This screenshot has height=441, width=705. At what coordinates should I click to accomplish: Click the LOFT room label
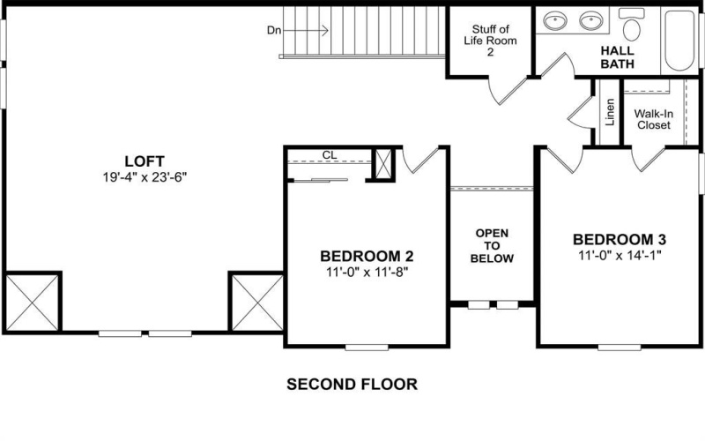pos(145,161)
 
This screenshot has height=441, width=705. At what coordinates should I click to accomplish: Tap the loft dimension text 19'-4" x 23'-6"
pos(145,176)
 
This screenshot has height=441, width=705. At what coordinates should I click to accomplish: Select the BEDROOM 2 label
pos(367,257)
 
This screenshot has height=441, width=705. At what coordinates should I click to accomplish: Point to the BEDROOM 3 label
pos(620,239)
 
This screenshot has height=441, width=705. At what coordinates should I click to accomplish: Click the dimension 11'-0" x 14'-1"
pos(620,254)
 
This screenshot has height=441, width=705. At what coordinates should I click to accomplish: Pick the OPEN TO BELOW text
pos(493,246)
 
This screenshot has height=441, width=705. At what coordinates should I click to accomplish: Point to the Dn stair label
pos(274,30)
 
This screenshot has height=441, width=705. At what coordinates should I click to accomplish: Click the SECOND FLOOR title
pos(352,385)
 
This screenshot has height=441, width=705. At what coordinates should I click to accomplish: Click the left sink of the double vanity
pos(556,20)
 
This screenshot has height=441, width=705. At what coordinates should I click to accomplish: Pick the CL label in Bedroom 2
pos(330,154)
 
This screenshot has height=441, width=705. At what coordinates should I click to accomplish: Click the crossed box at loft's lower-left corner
pos(32,301)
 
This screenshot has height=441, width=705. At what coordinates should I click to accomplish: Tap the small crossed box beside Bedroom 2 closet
pos(384,164)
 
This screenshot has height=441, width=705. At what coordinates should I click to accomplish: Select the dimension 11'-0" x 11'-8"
pos(367,272)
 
